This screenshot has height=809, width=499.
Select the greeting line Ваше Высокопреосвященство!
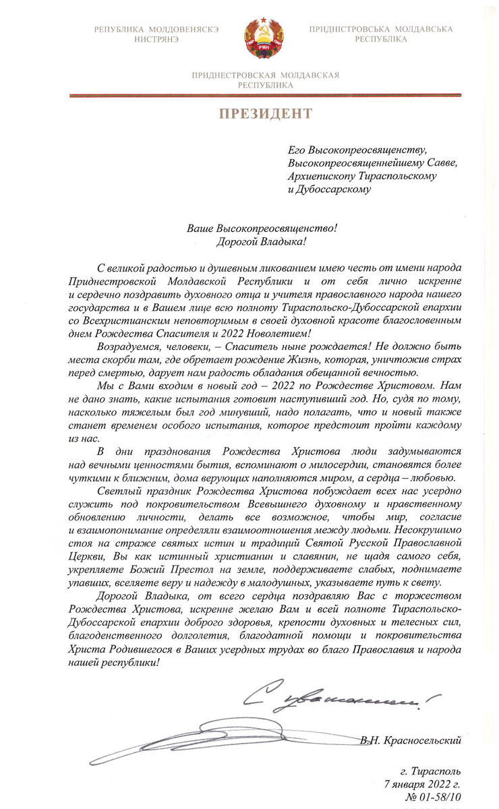[x=261, y=229]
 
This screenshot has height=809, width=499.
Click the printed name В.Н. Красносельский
[x=411, y=741]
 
